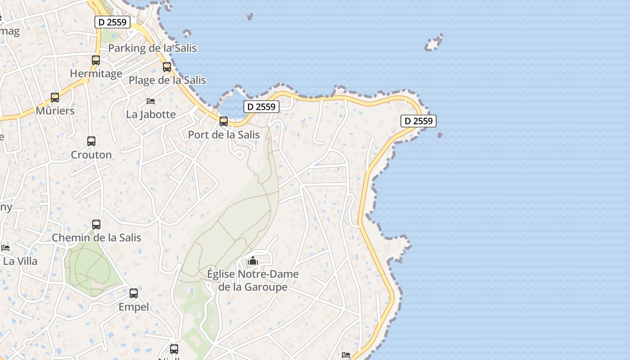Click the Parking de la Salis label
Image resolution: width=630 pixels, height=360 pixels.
pos(153,48)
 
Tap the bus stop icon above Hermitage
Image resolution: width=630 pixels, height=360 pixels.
pos(96,60)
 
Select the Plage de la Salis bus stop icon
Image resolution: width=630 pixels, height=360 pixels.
pos(167,67)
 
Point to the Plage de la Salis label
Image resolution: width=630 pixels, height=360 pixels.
pos(167,81)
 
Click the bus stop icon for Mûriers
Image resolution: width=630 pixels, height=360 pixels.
pos(55,97)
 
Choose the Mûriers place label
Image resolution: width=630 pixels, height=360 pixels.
pos(55,111)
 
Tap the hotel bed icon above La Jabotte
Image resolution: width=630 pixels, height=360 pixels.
pos(151,101)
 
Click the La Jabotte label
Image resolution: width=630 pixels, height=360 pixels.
pos(151,114)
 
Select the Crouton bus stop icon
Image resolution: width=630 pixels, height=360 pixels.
pos(91,141)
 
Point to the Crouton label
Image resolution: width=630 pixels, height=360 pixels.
pos(91,155)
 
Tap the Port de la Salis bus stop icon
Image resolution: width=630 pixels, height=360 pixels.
pos(224,121)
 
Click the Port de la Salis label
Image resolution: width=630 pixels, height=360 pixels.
pos(224,135)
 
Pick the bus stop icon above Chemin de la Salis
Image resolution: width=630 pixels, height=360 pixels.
pos(96,225)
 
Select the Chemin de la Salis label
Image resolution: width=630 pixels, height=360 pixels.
pos(96,238)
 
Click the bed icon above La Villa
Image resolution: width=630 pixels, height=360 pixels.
pos(5,248)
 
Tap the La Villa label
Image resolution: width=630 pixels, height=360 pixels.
pos(20,261)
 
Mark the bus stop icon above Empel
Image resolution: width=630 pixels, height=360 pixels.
pos(134,293)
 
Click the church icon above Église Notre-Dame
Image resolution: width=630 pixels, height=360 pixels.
pos(253,261)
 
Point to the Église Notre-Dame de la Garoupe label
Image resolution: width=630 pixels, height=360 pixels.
pos(252,280)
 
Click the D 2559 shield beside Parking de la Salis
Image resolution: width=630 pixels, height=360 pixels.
pos(112,22)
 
